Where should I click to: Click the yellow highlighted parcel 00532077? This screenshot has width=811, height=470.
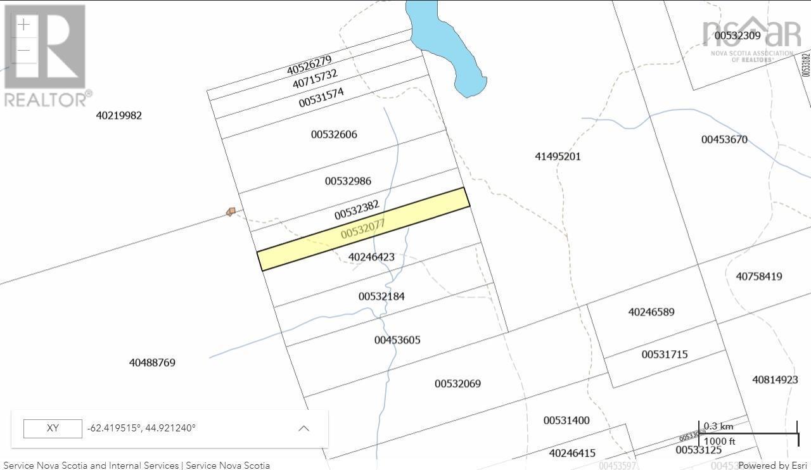point(363,229)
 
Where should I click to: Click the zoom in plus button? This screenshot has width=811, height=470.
point(23,25)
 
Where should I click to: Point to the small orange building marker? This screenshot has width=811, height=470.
point(231,212)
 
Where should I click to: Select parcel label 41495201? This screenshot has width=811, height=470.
point(558,156)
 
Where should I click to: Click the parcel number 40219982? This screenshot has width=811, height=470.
point(119,115)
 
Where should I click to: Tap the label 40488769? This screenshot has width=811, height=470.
point(152,363)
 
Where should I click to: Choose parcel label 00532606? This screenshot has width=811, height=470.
point(334,134)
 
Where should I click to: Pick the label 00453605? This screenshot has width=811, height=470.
point(397,340)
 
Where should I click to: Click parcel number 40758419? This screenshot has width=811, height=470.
point(759,276)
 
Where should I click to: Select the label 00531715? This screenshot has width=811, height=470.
point(665,355)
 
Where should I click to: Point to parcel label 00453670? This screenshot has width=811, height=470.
point(724,139)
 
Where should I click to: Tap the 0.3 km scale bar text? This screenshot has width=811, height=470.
point(718,426)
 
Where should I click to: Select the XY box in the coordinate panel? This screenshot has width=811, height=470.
point(53,428)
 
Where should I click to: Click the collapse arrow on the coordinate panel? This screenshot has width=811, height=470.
point(304,428)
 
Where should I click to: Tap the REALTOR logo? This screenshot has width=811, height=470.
point(46,56)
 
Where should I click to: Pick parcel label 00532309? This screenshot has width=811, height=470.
point(738,35)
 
